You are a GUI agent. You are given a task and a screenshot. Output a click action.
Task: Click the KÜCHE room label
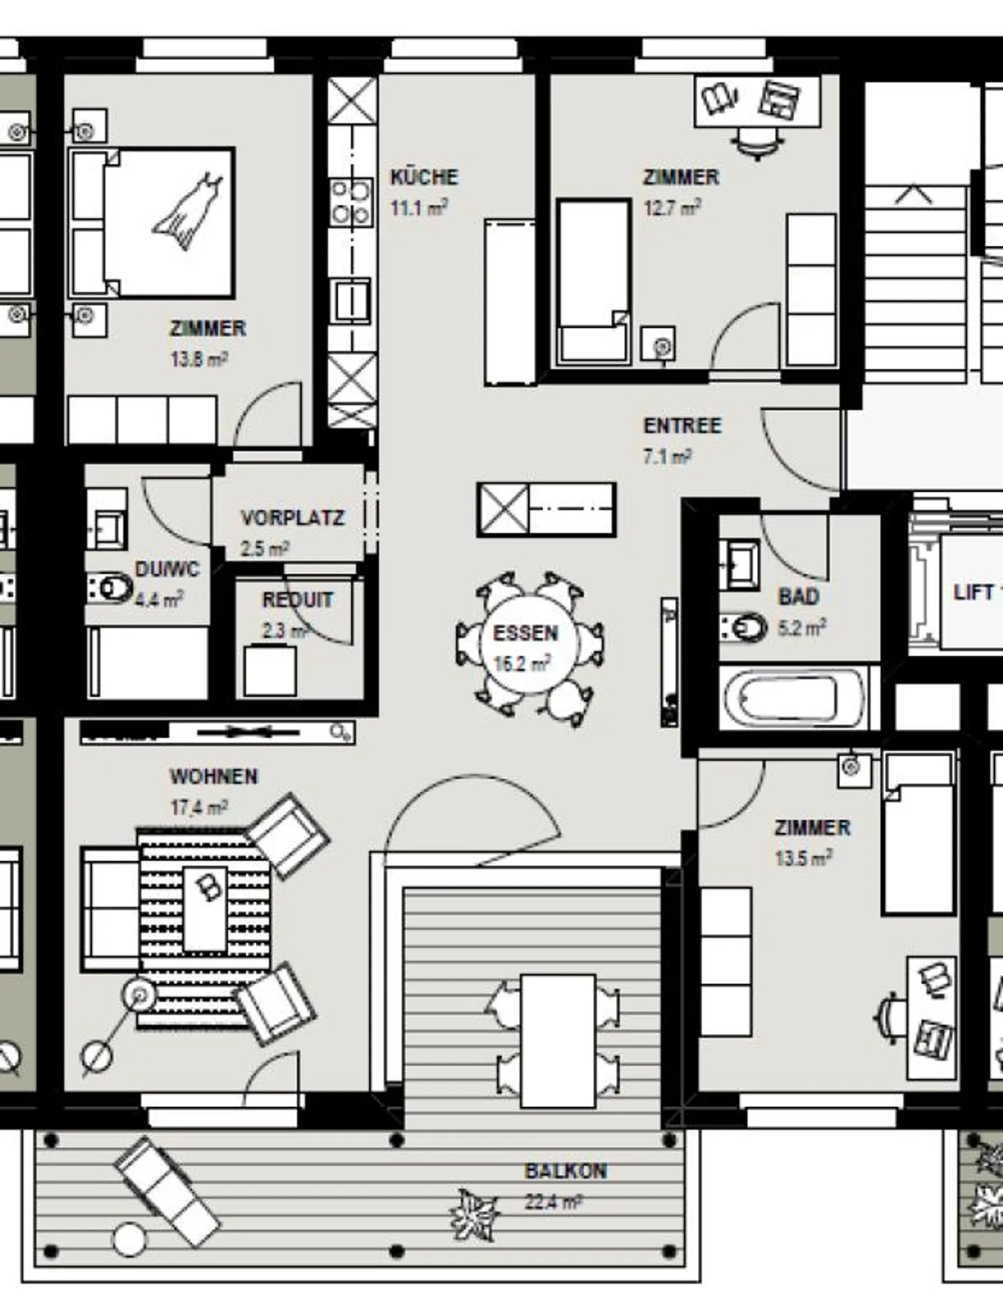[x=423, y=177]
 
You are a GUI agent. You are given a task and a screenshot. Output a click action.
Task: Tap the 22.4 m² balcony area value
[x=553, y=1202]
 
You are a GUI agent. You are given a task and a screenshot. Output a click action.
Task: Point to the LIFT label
[x=973, y=592]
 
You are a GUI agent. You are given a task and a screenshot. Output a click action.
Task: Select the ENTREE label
[x=682, y=426]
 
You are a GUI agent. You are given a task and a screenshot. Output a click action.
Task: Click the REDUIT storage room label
[x=297, y=600]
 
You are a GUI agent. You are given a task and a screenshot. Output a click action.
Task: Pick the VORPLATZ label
[x=293, y=518]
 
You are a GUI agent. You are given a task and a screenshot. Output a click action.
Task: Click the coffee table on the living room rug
[x=205, y=909]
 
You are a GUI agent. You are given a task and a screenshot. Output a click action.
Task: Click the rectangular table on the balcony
[x=558, y=1041]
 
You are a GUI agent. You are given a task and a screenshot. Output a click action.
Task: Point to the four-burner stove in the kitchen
[x=351, y=202]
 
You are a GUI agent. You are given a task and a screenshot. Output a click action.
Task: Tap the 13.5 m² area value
[x=803, y=858]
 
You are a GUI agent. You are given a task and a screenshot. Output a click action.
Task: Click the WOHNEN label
[x=214, y=776]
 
